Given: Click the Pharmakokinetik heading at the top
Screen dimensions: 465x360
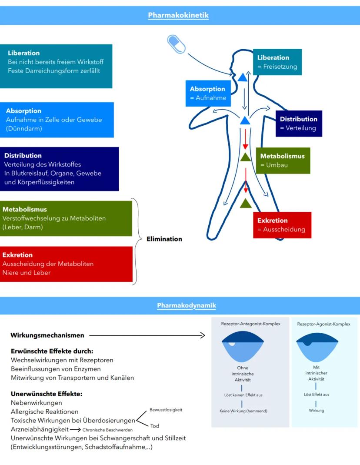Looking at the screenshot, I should (x=178, y=16).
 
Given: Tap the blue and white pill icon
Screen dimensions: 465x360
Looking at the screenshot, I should (x=176, y=43).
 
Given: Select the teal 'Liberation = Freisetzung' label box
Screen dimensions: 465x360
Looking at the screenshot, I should (x=277, y=62).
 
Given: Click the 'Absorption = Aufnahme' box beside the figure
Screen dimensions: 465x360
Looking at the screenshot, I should (x=208, y=93).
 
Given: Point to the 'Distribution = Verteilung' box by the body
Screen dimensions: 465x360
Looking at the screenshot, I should (x=298, y=124).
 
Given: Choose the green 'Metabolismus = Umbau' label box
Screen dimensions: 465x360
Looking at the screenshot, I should (x=283, y=161).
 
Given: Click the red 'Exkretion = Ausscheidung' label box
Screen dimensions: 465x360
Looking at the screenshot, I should (x=282, y=225).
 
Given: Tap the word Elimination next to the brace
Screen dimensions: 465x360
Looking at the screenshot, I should (x=164, y=239).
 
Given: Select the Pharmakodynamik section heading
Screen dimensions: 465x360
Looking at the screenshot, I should (x=186, y=305).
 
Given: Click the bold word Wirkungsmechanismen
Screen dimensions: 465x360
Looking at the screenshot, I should (x=47, y=335).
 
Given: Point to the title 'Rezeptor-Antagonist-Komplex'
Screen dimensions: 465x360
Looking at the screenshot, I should (x=250, y=324).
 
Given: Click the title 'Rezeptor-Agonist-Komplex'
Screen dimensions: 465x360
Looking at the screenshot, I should (x=323, y=324).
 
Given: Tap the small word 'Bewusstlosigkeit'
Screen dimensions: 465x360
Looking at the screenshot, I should (x=166, y=410).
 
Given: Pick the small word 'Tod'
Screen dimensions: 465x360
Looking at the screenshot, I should (x=155, y=426).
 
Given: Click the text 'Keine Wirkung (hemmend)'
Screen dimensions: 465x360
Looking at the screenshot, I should (x=243, y=411).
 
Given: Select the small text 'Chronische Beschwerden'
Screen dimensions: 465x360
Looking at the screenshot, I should (x=107, y=430).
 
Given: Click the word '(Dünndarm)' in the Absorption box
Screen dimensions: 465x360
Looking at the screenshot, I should (x=24, y=129).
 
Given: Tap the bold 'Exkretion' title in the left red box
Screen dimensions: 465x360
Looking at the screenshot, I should (x=17, y=255).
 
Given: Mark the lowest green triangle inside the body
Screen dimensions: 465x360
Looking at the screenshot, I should (x=246, y=203).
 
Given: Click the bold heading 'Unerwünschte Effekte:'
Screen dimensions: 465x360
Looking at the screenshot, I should (x=47, y=394).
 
